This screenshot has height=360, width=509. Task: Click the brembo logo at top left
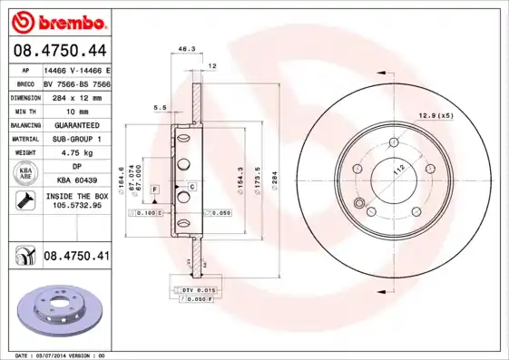pyautogui.click(x=59, y=20)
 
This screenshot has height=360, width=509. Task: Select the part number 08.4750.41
pyautogui.click(x=77, y=257)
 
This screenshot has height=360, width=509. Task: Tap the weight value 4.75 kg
pyautogui.click(x=76, y=154)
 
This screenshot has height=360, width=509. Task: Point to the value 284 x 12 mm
pyautogui.click(x=76, y=97)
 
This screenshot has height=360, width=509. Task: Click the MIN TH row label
pyautogui.click(x=25, y=111)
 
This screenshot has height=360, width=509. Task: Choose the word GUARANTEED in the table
pyautogui.click(x=76, y=125)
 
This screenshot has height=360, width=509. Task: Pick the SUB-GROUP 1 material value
pyautogui.click(x=76, y=140)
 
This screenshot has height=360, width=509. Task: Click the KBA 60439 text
pyautogui.click(x=76, y=180)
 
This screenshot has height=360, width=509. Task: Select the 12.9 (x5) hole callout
pyautogui.click(x=435, y=114)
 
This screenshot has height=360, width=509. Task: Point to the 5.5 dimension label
pyautogui.click(x=160, y=108)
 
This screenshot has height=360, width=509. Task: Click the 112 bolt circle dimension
pyautogui.click(x=396, y=170)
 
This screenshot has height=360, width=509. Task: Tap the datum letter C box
pyautogui.click(x=191, y=186)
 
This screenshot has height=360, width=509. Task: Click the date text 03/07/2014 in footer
pyautogui.click(x=50, y=355)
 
